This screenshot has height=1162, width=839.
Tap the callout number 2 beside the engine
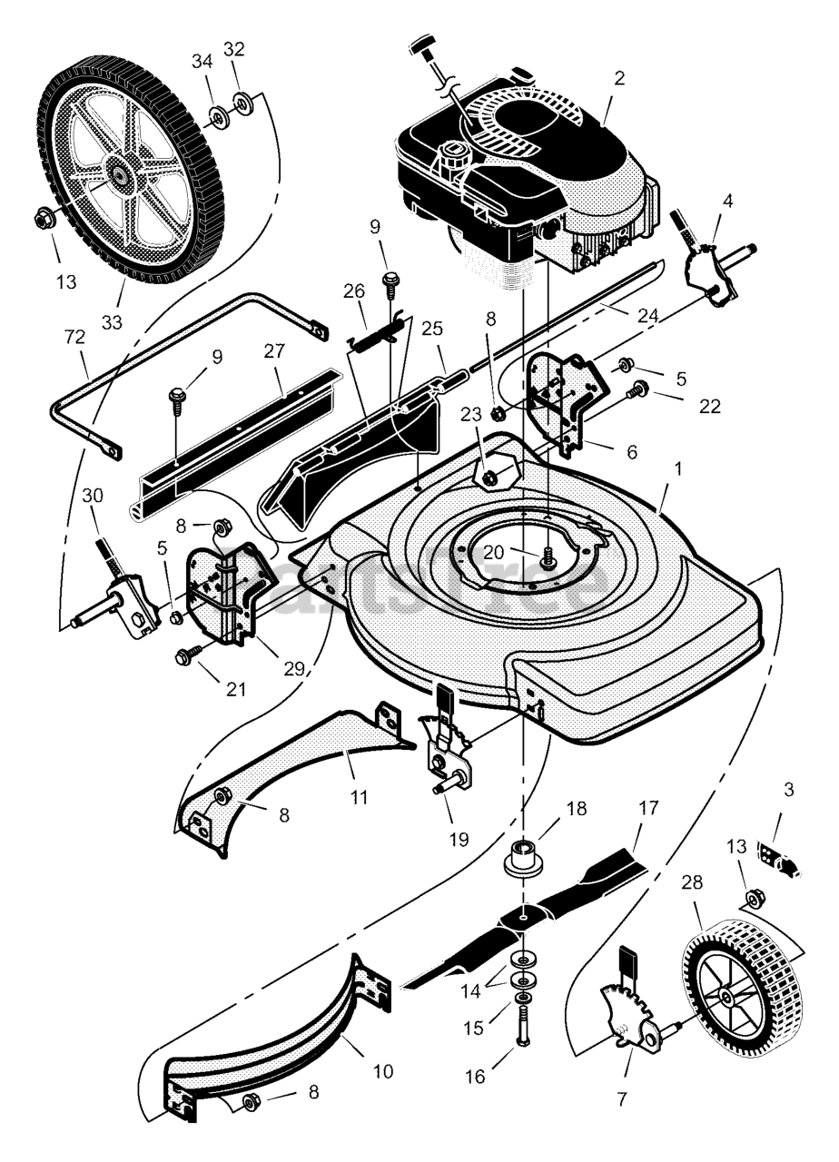(619, 78)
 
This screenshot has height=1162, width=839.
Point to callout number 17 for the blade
(649, 807)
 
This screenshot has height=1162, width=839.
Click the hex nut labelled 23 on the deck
(489, 475)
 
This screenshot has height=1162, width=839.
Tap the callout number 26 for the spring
(353, 291)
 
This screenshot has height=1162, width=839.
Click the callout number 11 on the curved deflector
(360, 797)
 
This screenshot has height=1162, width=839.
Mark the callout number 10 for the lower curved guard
(383, 1070)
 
